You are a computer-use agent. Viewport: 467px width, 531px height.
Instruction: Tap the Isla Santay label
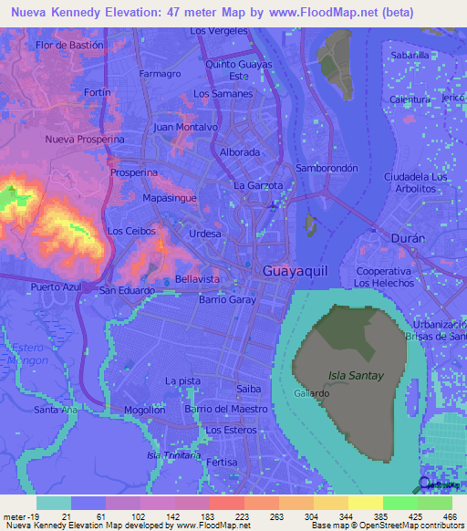click(351, 375)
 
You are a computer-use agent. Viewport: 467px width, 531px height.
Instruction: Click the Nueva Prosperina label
click(85, 139)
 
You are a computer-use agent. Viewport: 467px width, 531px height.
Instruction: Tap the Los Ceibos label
click(127, 231)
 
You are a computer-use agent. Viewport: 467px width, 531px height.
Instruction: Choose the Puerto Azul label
click(57, 286)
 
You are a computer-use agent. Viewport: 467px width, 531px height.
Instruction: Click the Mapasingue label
click(171, 196)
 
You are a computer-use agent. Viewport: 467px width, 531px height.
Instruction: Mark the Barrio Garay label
click(226, 299)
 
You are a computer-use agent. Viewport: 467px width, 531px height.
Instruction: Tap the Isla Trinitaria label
click(173, 454)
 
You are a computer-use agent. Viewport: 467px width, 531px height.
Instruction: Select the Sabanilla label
click(410, 55)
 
